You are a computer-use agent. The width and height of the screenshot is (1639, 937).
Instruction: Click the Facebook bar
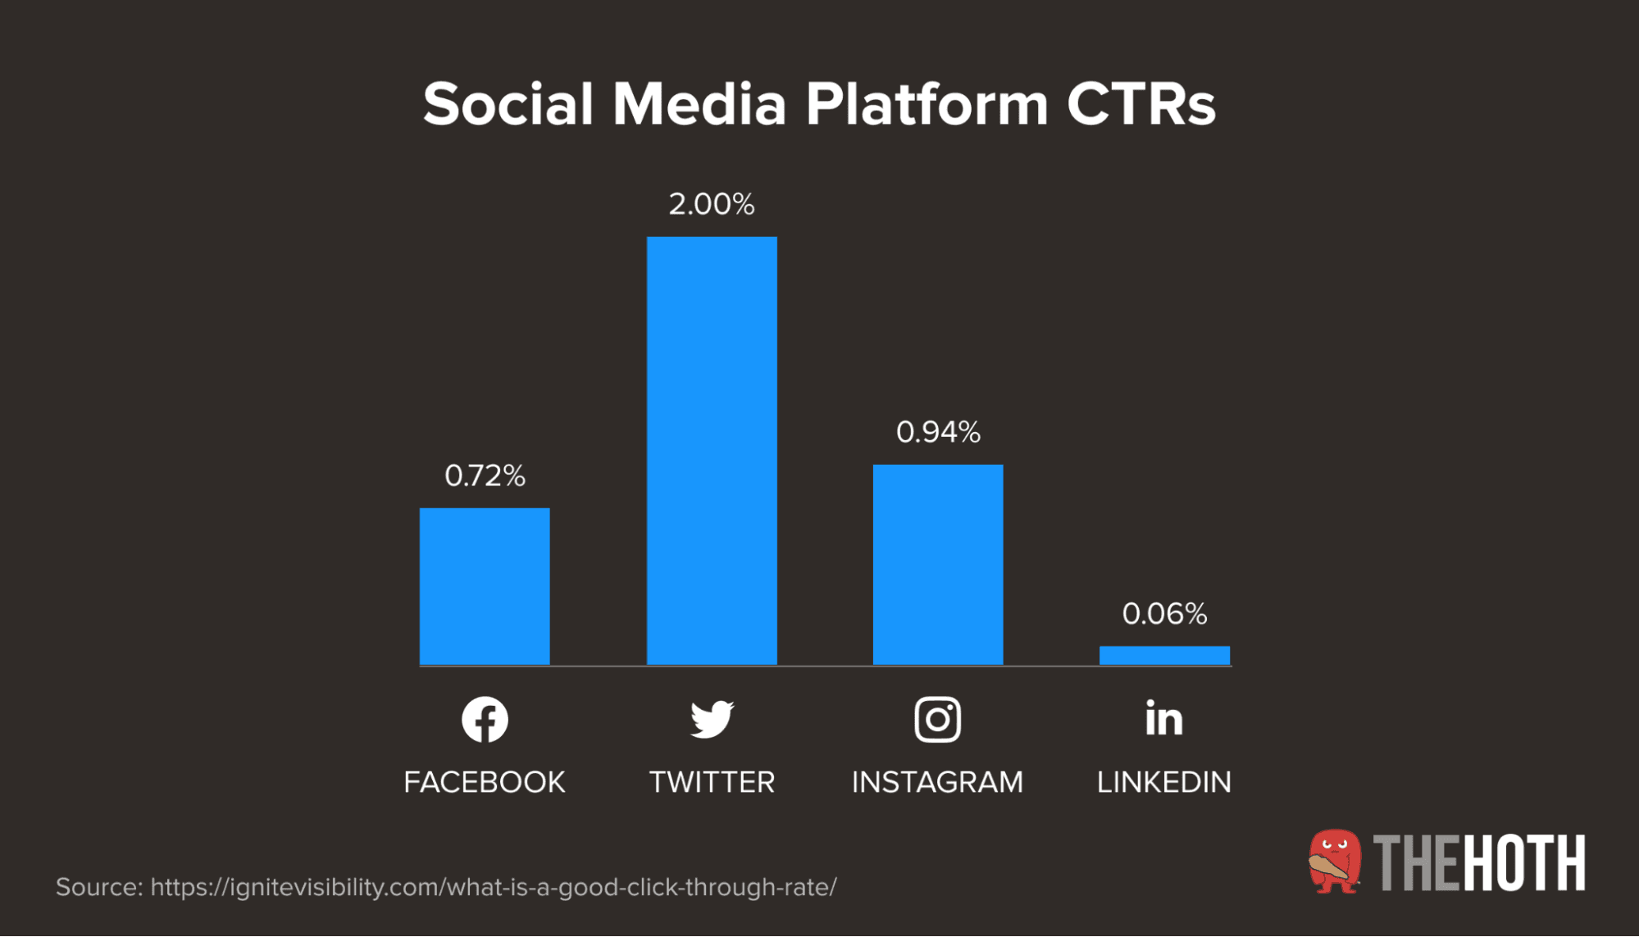[485, 586]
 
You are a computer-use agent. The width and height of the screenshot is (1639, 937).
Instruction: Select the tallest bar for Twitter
[712, 450]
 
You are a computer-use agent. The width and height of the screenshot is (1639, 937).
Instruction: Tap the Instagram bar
[938, 564]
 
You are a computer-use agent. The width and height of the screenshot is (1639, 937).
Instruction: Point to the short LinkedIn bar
[1164, 655]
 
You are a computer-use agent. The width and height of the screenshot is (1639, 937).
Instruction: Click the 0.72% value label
[485, 475]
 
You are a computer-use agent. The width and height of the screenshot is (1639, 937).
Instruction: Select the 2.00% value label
[712, 204]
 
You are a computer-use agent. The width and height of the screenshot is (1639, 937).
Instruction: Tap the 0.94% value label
[938, 432]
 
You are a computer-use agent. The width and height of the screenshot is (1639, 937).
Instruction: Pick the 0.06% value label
[1164, 614]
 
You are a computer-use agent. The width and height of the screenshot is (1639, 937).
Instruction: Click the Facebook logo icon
[485, 720]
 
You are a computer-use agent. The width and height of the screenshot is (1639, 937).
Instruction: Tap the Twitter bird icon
[712, 720]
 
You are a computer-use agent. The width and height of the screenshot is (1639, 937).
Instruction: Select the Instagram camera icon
[938, 720]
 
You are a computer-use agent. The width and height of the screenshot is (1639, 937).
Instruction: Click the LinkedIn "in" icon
[1164, 718]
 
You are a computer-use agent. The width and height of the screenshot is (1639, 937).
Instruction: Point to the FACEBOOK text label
[485, 782]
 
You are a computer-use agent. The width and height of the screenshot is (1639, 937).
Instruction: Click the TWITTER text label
[712, 782]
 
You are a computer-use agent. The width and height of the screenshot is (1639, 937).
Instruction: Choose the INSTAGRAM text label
[938, 782]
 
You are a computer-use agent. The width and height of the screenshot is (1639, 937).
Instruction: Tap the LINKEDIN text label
[1164, 782]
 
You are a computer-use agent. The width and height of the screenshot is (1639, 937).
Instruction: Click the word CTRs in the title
[1140, 105]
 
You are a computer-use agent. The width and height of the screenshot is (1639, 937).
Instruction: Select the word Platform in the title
[926, 105]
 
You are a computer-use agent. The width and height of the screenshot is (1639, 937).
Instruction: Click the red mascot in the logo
[1334, 862]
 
